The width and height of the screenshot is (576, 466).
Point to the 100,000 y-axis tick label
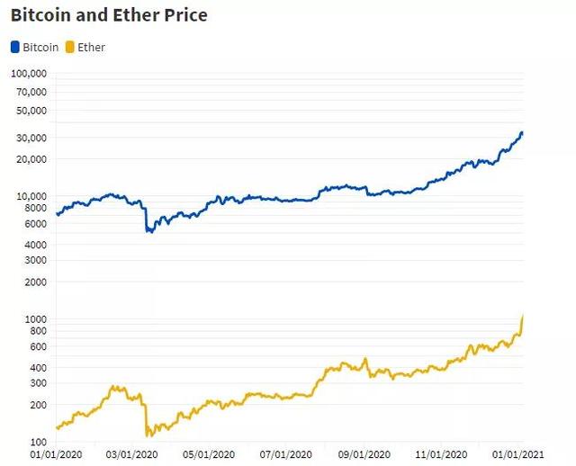click(x=29, y=75)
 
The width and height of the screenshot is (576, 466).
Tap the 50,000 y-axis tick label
click(x=31, y=111)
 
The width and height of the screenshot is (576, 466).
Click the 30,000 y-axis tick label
click(x=31, y=138)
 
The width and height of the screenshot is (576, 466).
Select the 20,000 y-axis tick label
click(x=31, y=159)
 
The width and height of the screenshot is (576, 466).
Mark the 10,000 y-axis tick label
click(x=31, y=196)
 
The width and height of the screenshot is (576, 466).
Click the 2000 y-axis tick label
click(x=34, y=282)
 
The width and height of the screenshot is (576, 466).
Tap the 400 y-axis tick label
click(x=37, y=368)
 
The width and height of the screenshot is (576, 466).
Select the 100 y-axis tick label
click(x=37, y=442)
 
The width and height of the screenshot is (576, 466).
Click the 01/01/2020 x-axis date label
click(x=56, y=454)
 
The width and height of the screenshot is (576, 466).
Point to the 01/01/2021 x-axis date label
click(x=523, y=454)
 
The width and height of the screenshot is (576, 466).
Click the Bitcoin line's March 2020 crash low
click(x=149, y=231)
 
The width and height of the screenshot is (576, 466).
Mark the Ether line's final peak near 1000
click(x=523, y=317)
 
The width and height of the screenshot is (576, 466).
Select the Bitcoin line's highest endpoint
click(x=522, y=133)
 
